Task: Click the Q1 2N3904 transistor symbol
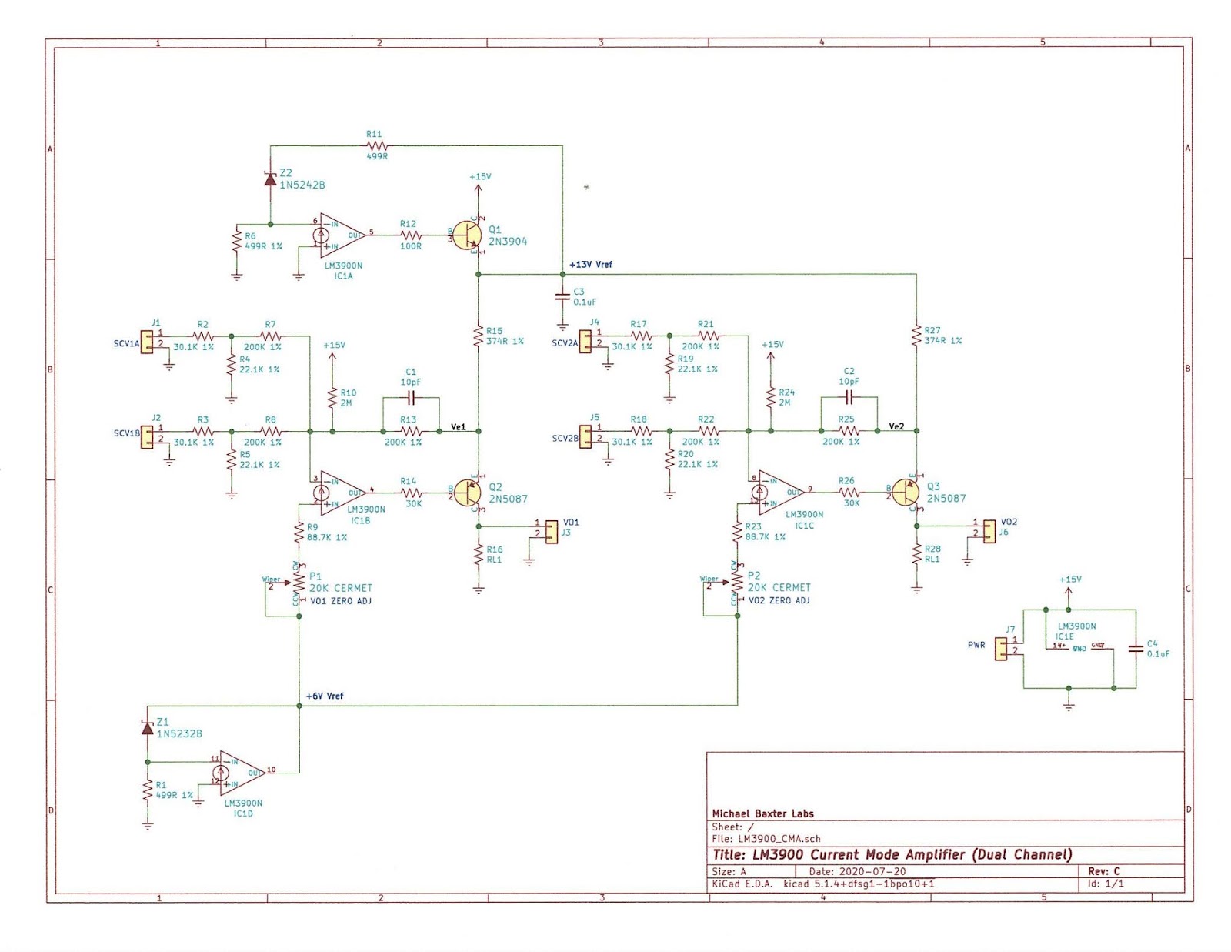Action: pyautogui.click(x=469, y=235)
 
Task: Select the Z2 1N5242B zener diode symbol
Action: pyautogui.click(x=270, y=179)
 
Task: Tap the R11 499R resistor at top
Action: pyautogui.click(x=375, y=145)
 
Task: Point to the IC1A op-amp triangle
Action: pyautogui.click(x=341, y=235)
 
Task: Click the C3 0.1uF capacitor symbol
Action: pyautogui.click(x=562, y=296)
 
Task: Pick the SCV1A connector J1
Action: pyautogui.click(x=147, y=342)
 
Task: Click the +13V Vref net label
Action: pyautogui.click(x=591, y=264)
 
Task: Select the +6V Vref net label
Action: pyautogui.click(x=325, y=696)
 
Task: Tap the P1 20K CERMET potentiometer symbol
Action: pyautogui.click(x=299, y=583)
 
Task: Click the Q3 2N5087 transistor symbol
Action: pyautogui.click(x=906, y=492)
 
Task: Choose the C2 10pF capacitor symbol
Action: pyautogui.click(x=849, y=397)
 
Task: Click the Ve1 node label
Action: pyautogui.click(x=459, y=426)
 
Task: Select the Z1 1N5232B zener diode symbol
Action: pyautogui.click(x=148, y=727)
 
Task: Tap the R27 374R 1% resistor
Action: pyautogui.click(x=916, y=336)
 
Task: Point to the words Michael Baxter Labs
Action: pyautogui.click(x=762, y=813)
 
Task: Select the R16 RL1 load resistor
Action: pyautogui.click(x=479, y=554)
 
